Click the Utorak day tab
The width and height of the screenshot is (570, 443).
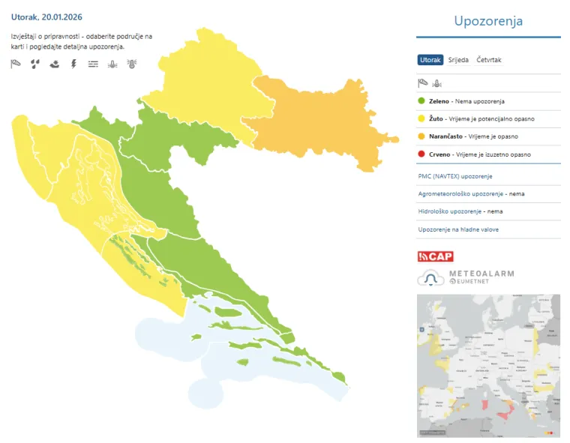pos(430,60)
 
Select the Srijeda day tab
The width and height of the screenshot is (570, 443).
pos(457,60)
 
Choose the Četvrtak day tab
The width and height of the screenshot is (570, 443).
pos(488,60)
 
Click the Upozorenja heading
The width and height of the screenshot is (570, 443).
pos(488,21)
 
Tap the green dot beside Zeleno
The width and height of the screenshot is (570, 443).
pos(421,101)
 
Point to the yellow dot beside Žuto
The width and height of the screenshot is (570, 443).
pos(421,118)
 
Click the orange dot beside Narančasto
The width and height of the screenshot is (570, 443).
pos(421,136)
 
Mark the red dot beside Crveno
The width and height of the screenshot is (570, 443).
pos(421,154)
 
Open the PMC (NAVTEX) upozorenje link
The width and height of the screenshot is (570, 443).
pos(454,176)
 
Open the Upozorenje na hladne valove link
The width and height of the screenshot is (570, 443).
pos(457,229)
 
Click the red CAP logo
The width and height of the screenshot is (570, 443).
pos(435,256)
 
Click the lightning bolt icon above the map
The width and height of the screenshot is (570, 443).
pos(73,64)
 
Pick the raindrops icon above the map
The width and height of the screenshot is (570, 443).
pos(34,64)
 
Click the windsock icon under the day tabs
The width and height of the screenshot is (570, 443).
pos(423,83)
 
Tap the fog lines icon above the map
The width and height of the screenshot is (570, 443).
pos(93,64)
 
